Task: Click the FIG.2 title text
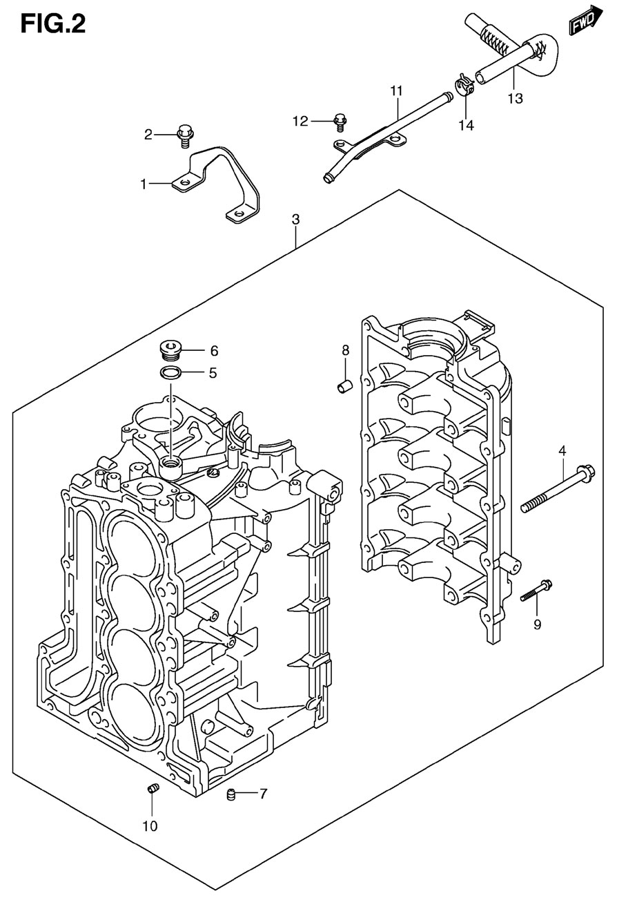click(53, 25)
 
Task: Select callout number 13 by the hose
click(516, 98)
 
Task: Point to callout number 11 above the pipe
click(396, 90)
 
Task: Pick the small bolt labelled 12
click(340, 122)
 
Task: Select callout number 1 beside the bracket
click(144, 184)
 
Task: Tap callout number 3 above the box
click(295, 219)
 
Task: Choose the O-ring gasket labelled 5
click(170, 373)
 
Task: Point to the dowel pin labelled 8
click(344, 386)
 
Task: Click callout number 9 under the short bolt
click(537, 624)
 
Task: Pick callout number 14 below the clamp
click(467, 126)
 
